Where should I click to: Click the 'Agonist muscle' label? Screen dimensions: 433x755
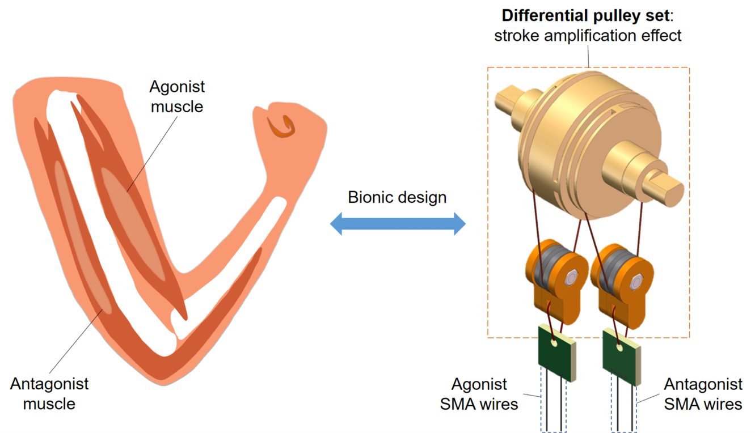(x=176, y=96)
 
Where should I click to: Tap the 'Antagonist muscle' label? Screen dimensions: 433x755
(x=49, y=393)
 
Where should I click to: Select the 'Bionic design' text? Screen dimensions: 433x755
(x=397, y=197)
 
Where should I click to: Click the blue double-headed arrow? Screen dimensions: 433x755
(x=398, y=225)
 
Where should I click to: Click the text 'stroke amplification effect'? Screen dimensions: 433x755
(x=588, y=36)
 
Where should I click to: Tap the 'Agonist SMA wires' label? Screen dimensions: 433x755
(x=484, y=394)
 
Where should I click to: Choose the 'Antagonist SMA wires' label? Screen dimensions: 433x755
(x=703, y=394)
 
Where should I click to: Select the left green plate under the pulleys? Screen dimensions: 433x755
(x=556, y=351)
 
